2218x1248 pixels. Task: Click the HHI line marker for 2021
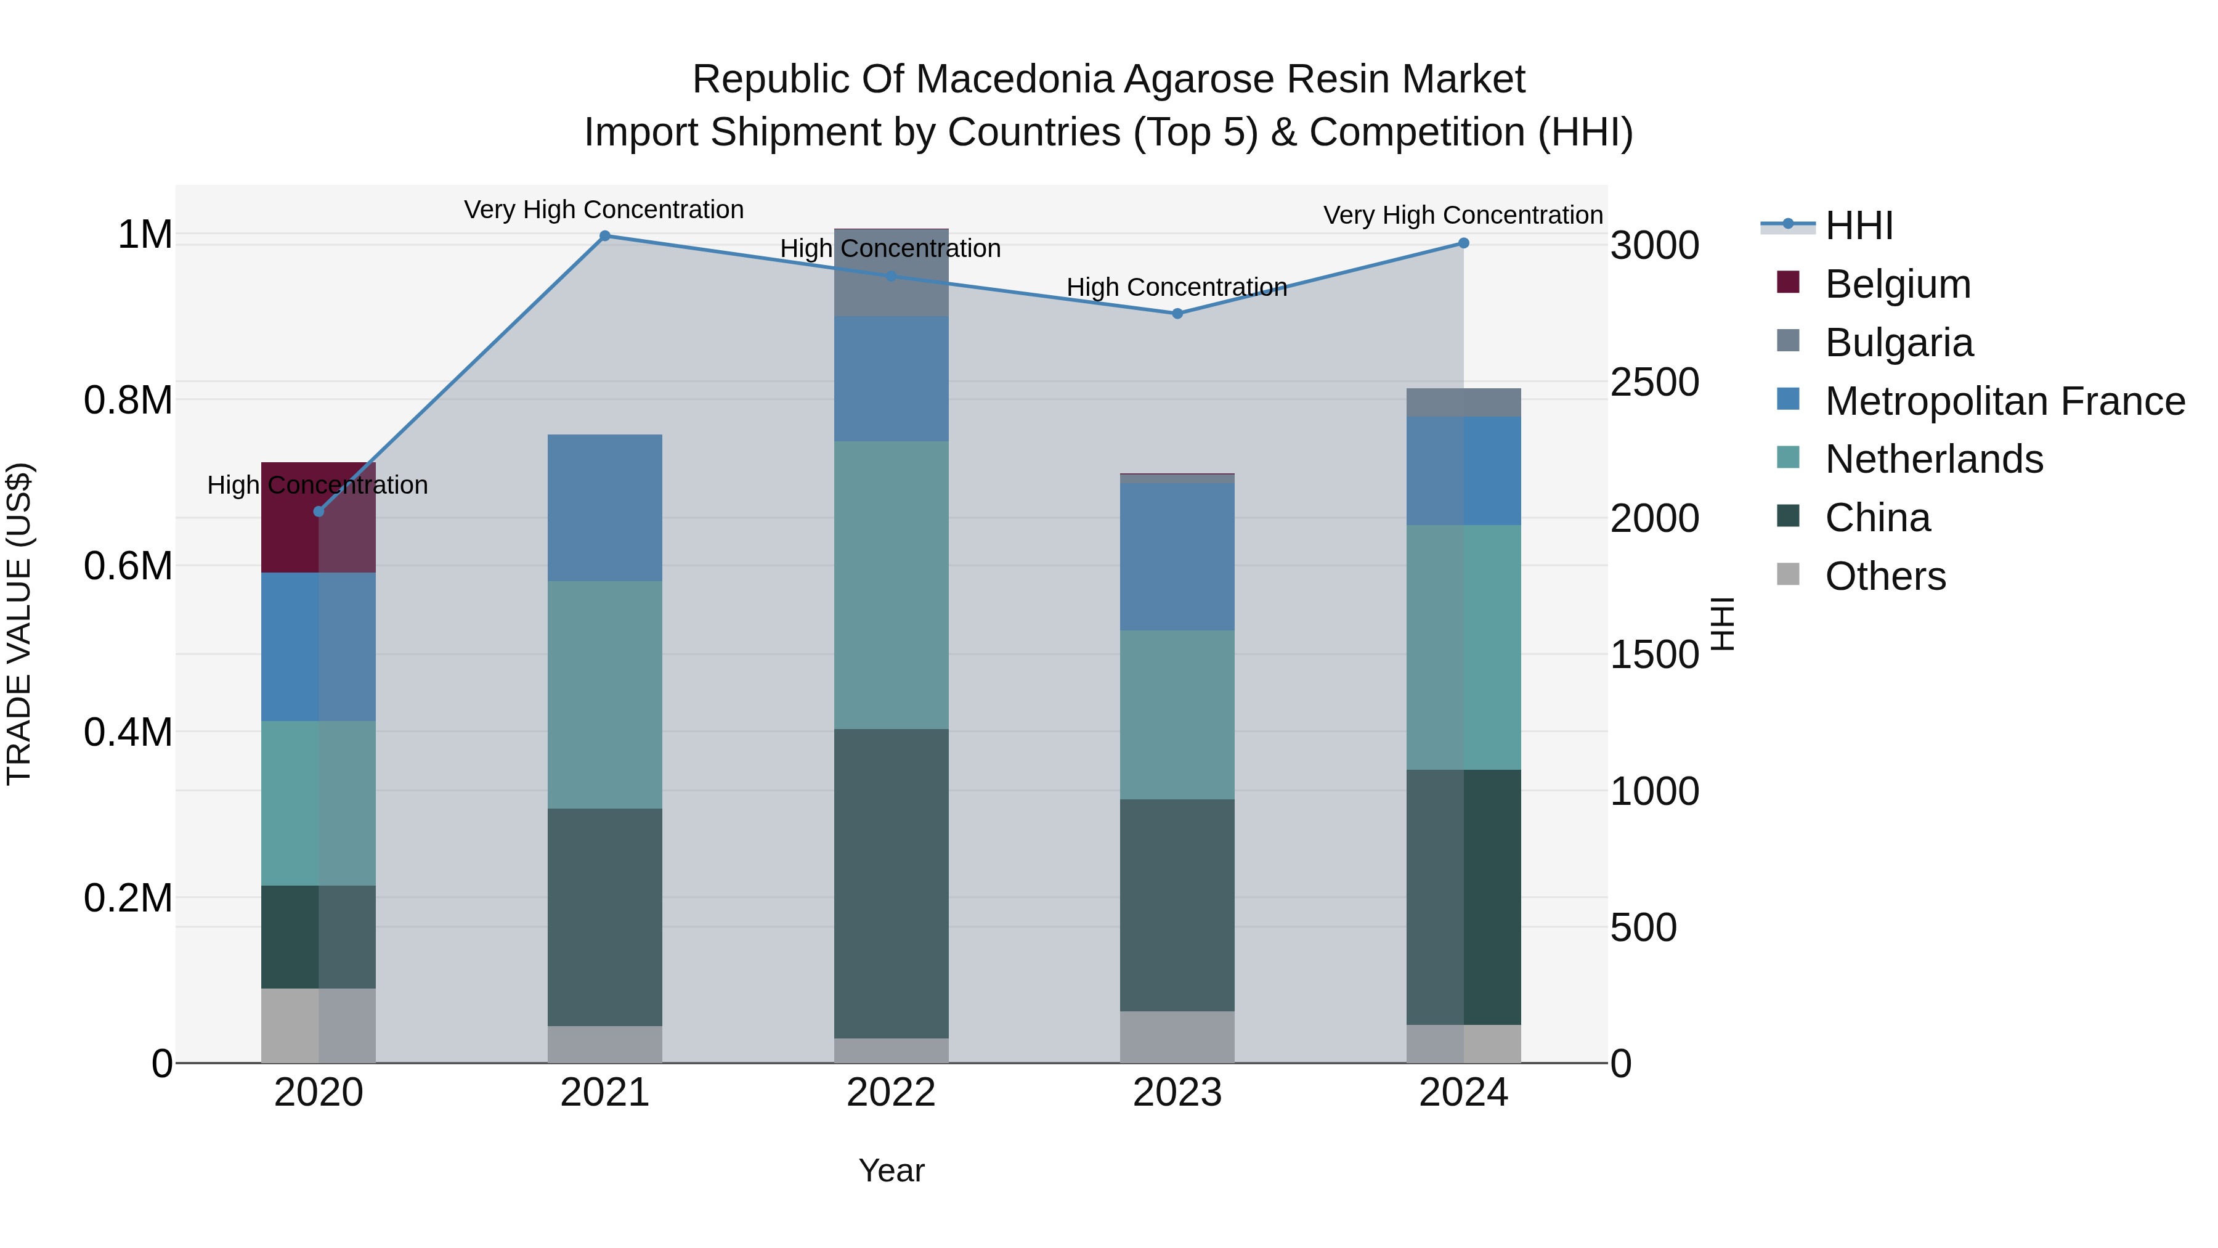coord(604,236)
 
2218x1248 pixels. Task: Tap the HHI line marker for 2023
coord(1177,314)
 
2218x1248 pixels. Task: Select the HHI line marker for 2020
coord(319,512)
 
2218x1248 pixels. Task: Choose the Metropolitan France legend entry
coord(2004,401)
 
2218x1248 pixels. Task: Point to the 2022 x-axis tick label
coord(890,1093)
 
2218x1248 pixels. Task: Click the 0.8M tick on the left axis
coord(128,401)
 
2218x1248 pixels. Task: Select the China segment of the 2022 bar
coord(891,883)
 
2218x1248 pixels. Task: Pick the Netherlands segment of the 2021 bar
coord(604,694)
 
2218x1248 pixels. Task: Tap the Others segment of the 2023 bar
coord(1177,1037)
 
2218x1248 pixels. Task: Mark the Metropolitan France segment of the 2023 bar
coord(1177,557)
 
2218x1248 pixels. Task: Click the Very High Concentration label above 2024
coord(1462,215)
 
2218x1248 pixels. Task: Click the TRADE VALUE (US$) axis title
coord(19,624)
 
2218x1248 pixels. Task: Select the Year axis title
coord(891,1170)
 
